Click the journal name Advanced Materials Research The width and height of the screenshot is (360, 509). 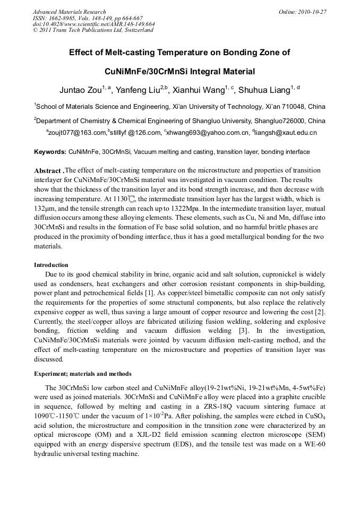pyautogui.click(x=69, y=12)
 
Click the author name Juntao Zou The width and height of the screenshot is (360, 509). pyautogui.click(x=80, y=89)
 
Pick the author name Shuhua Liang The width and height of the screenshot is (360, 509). pyautogui.click(x=269, y=89)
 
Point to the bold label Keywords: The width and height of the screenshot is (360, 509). pyautogui.click(x=50, y=152)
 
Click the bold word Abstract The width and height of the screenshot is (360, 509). pyautogui.click(x=48, y=171)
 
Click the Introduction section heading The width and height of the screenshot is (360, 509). pyautogui.click(x=51, y=265)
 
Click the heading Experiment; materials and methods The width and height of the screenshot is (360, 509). pyautogui.click(x=83, y=374)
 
